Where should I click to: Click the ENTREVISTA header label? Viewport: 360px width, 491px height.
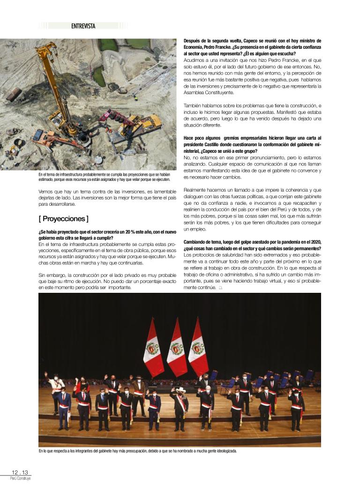[83, 26]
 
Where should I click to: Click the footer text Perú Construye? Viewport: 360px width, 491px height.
[20, 478]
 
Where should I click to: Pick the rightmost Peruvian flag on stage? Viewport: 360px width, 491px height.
[198, 347]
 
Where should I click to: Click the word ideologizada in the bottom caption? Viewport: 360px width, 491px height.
[224, 451]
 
